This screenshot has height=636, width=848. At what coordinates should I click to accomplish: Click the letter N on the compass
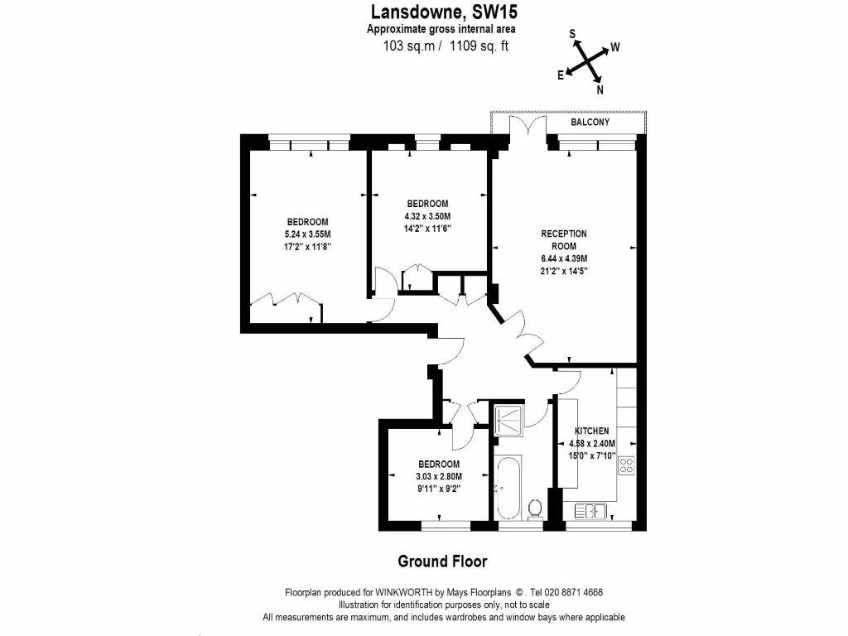coord(600,90)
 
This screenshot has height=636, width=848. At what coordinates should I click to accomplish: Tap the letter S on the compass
coord(572,34)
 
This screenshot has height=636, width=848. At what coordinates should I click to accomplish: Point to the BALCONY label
coord(590,123)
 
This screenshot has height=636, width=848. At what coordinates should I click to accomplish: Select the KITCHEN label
coord(592,431)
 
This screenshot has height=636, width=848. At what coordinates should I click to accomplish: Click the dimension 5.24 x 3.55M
coord(307,234)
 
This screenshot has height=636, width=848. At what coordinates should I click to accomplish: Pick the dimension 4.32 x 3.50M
coord(427,217)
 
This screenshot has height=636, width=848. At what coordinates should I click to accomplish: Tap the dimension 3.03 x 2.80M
coord(438,476)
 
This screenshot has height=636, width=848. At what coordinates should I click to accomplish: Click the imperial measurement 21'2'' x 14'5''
coord(564,271)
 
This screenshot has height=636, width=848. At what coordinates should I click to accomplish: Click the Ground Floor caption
coord(442,561)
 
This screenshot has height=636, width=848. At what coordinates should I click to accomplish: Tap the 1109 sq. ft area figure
coord(478,46)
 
